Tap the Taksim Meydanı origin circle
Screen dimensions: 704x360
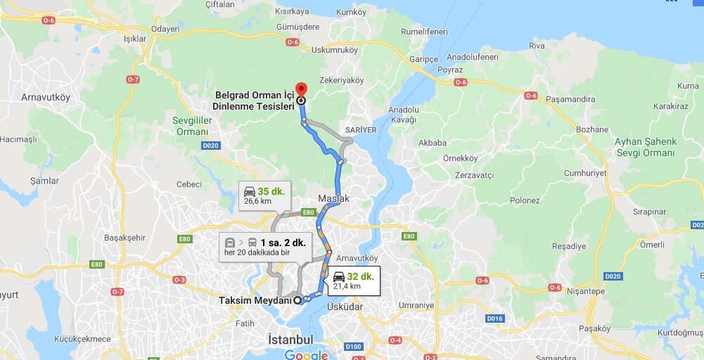point(297,300)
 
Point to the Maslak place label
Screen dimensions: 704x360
point(333,199)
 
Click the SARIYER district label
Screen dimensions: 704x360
point(361,130)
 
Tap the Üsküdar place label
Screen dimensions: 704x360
point(345,307)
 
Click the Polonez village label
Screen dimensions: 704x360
point(525,200)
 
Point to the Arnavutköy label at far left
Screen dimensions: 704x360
point(46,97)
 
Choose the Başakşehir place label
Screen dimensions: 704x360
point(124,237)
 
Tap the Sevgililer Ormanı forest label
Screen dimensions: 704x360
point(192,126)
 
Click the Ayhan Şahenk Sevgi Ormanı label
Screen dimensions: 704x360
point(645,147)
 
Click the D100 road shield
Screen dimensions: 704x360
point(353,346)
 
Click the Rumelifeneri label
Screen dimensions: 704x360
point(424,32)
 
